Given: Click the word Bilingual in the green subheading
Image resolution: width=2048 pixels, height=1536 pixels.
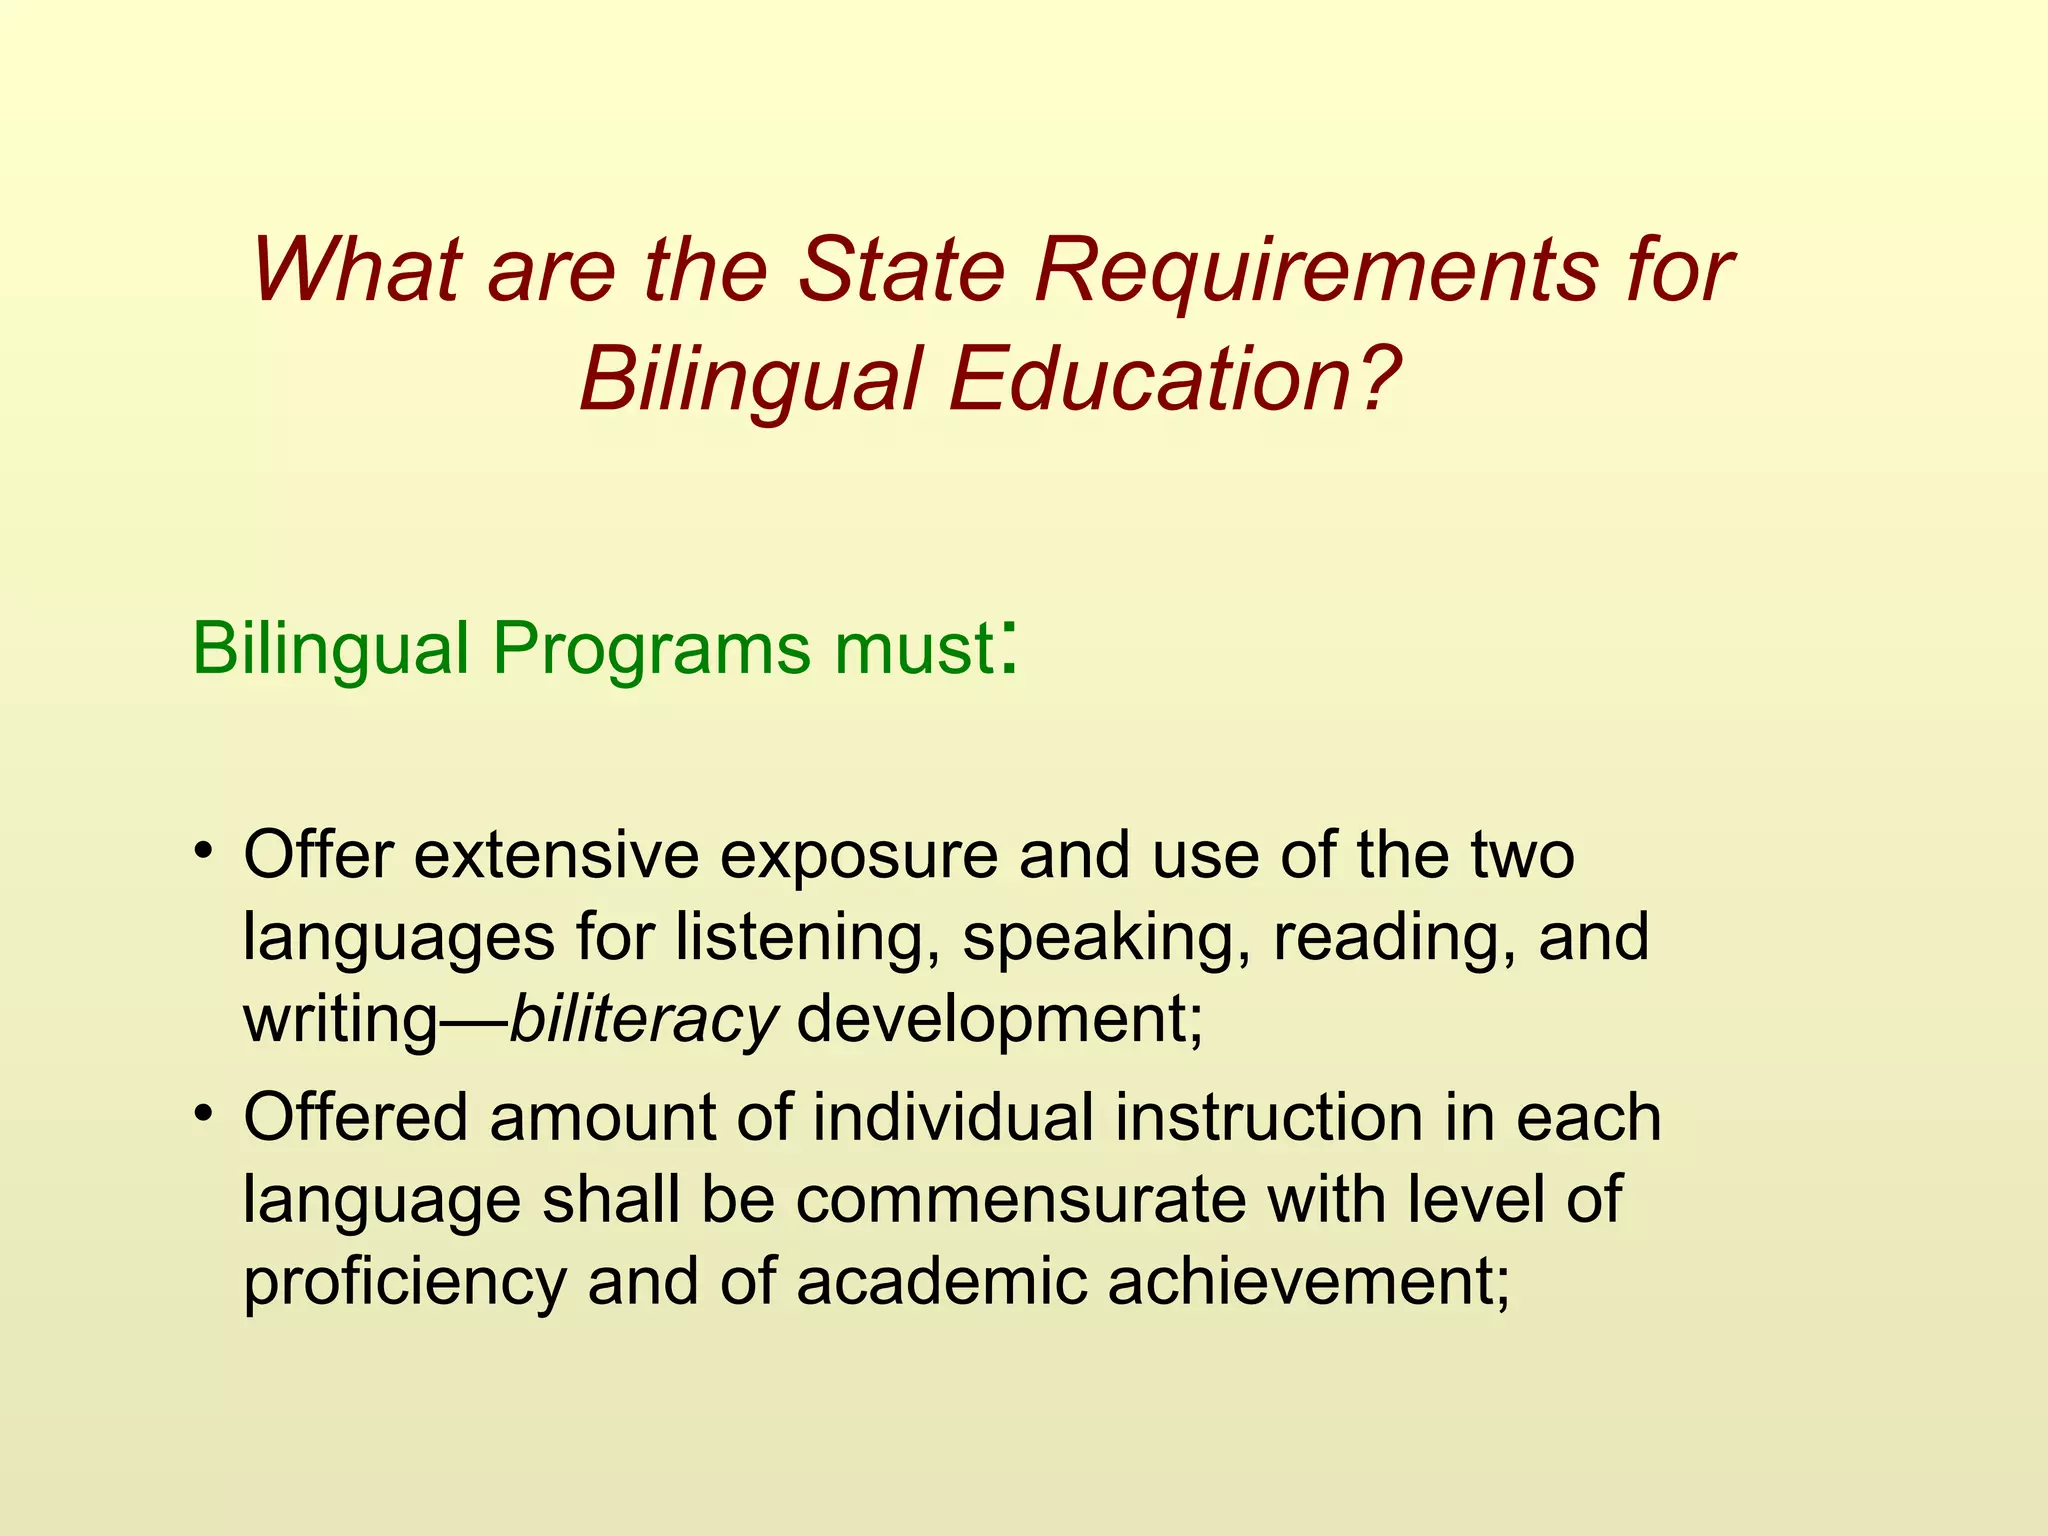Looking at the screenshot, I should [330, 650].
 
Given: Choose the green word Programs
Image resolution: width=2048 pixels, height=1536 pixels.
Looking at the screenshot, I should [651, 650].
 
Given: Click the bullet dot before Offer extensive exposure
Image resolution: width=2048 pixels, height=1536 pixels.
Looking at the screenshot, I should [205, 851].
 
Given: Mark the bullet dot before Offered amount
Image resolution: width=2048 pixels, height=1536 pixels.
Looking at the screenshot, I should [205, 1113].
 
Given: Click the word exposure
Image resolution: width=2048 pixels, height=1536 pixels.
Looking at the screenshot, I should [859, 858].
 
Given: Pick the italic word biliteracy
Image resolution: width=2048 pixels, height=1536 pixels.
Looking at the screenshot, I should [643, 1020].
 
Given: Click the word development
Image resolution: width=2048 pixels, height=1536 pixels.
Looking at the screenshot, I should [999, 1020].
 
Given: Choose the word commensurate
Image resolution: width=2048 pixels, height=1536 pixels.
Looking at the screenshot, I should [1021, 1199].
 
